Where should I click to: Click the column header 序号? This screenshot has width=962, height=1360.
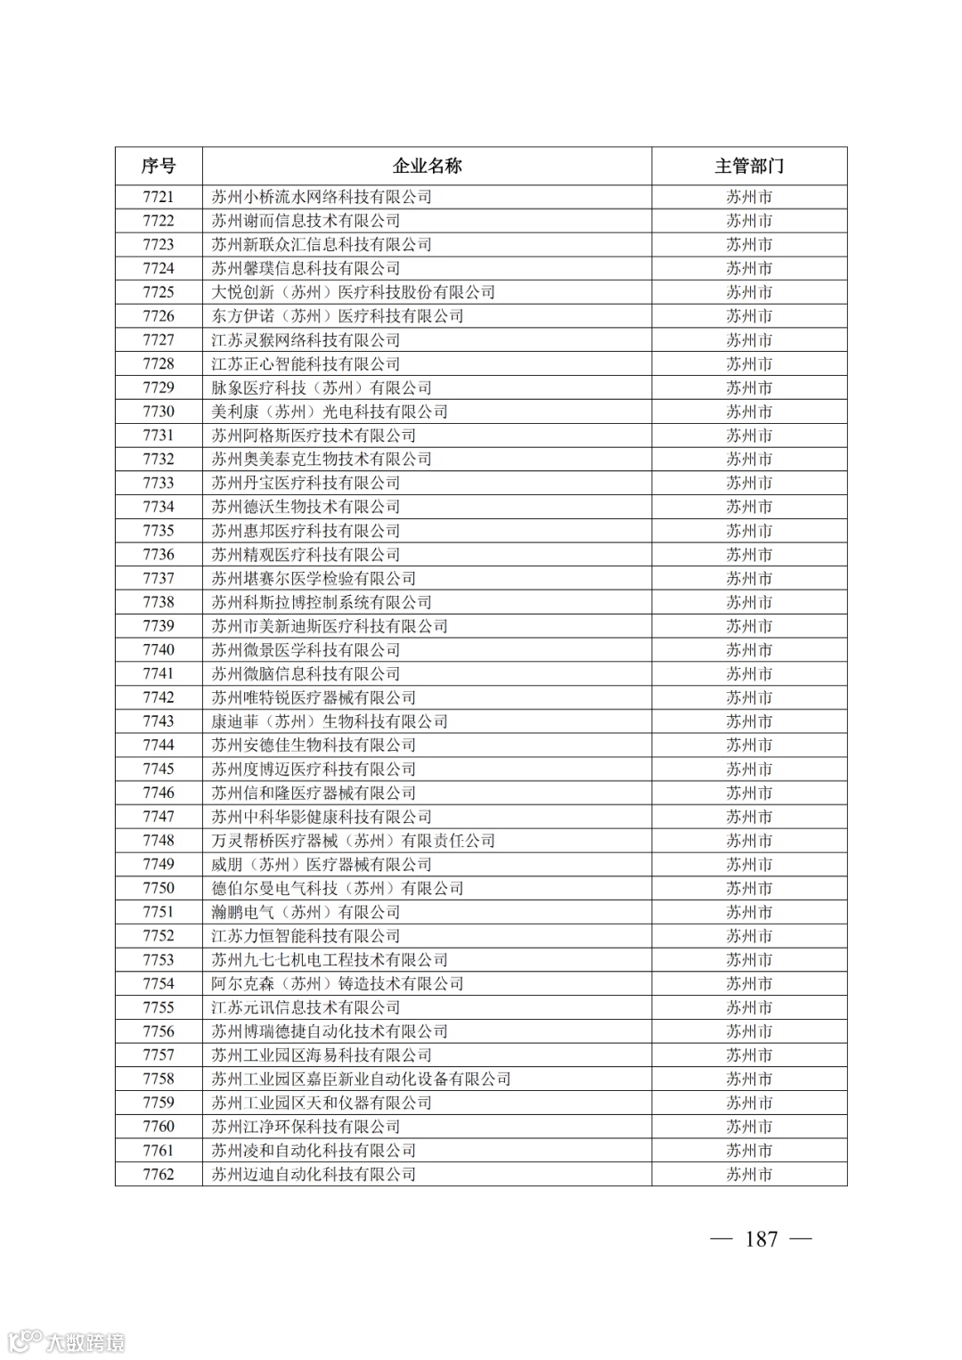click(x=159, y=166)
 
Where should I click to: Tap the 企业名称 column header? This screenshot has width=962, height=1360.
click(x=427, y=166)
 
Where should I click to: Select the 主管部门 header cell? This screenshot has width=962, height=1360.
click(x=748, y=166)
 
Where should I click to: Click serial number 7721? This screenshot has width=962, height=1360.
click(x=159, y=197)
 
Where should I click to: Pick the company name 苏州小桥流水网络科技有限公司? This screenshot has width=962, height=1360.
click(x=322, y=197)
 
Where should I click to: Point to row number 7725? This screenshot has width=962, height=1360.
click(x=159, y=292)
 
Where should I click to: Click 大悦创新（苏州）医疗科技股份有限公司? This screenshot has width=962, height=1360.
click(x=353, y=292)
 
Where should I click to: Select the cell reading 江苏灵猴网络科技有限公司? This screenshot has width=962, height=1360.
click(x=306, y=340)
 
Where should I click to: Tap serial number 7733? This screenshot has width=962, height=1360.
click(x=159, y=483)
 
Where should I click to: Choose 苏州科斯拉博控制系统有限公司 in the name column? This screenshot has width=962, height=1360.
click(x=322, y=602)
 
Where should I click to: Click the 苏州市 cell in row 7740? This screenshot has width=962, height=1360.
click(x=748, y=650)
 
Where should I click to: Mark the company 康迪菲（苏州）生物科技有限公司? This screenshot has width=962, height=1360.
click(x=330, y=721)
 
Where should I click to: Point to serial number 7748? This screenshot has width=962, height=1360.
click(x=159, y=841)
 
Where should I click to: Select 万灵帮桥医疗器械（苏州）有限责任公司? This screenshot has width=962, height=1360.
click(x=353, y=841)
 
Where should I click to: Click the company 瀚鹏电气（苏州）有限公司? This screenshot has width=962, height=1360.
click(x=306, y=912)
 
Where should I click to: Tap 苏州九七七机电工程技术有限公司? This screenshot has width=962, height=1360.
click(x=330, y=960)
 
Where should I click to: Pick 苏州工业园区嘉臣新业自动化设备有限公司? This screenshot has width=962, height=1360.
click(x=361, y=1079)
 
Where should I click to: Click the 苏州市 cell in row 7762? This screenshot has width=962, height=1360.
click(x=748, y=1175)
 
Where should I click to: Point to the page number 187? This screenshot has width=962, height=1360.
click(x=762, y=1239)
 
